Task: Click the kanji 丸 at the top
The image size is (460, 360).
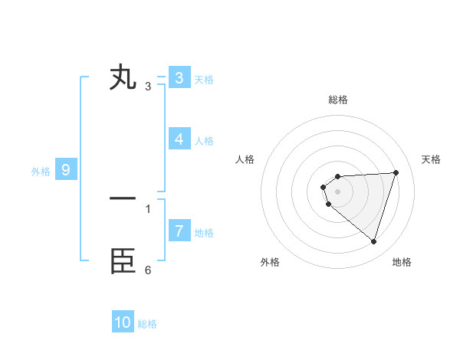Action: pyautogui.click(x=123, y=77)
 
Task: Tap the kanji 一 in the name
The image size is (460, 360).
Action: pyautogui.click(x=123, y=199)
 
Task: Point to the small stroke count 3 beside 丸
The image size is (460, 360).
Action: pyautogui.click(x=148, y=86)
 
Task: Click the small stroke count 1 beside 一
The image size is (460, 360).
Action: pyautogui.click(x=148, y=208)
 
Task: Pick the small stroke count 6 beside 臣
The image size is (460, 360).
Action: pyautogui.click(x=148, y=270)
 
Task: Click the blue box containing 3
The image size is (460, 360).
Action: pyautogui.click(x=179, y=77)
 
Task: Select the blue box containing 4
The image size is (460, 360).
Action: pyautogui.click(x=179, y=139)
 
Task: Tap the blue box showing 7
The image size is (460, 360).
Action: pyautogui.click(x=179, y=231)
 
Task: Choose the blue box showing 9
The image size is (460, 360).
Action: pyautogui.click(x=66, y=170)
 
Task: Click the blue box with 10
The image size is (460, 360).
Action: pyautogui.click(x=123, y=322)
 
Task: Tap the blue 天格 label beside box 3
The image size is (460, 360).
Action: pyautogui.click(x=204, y=79)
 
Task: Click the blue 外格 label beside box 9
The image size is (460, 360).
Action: pyautogui.click(x=41, y=172)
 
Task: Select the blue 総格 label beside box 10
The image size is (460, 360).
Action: pyautogui.click(x=147, y=324)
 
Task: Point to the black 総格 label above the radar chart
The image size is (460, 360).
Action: pyautogui.click(x=337, y=100)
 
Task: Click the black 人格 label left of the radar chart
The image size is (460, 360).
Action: pyautogui.click(x=245, y=159)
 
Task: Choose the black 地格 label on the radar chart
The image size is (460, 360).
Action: pyautogui.click(x=402, y=262)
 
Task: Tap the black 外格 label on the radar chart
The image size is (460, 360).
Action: pyautogui.click(x=270, y=262)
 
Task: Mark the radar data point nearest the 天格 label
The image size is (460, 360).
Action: pyautogui.click(x=396, y=172)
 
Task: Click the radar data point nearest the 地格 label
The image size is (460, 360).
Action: pyautogui.click(x=373, y=241)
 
